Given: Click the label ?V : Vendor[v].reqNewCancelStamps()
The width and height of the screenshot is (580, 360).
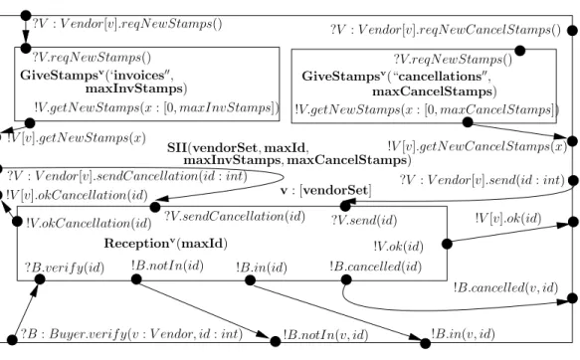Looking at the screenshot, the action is coord(446,30).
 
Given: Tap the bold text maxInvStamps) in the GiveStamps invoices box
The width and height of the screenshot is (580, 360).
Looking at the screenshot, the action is coord(136,89).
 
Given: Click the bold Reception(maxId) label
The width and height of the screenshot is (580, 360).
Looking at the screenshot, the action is coord(166,244).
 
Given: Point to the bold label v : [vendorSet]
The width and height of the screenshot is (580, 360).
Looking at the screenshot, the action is coord(326,190).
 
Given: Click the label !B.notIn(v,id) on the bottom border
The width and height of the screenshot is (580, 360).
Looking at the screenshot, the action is coord(325,335).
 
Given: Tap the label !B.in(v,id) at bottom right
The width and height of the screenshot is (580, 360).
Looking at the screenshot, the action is coord(463,334).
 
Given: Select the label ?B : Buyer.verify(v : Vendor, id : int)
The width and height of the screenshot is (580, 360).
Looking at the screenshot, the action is coord(131,334).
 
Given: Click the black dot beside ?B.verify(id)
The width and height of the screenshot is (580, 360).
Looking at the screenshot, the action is coord(40,279).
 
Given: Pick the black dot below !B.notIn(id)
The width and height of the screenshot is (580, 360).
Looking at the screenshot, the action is coord(136,279).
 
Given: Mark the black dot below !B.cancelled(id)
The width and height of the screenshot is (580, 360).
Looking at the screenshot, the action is coord(346,279).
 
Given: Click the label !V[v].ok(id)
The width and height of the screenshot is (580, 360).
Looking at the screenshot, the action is coord(508,219).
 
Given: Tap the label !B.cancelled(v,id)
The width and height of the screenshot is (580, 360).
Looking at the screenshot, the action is coord(505,287).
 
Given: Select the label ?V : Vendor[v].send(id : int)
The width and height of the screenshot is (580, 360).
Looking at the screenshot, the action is coord(482,180).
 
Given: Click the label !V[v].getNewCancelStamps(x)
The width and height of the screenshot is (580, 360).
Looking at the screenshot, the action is coord(478,146).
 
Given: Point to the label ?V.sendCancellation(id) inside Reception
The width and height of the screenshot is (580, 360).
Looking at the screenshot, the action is coord(235,216).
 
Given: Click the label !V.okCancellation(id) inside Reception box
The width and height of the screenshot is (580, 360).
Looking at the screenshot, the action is coord(89,223).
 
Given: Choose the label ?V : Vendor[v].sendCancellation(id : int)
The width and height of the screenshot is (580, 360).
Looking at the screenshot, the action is coord(127,176).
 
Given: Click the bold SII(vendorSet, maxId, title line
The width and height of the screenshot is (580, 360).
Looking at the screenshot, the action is coord(238,148).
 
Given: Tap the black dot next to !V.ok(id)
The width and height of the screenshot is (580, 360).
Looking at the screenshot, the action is coord(447,244).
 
